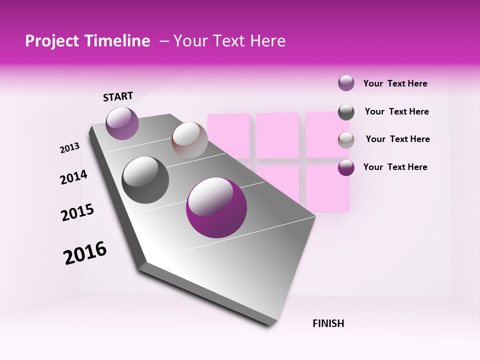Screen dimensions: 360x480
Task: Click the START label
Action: (118, 96)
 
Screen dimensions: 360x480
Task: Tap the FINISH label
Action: (328, 323)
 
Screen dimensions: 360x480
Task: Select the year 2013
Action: (70, 147)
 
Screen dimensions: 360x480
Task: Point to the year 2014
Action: (73, 177)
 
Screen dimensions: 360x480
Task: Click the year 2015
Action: (77, 212)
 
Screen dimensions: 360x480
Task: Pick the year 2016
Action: (85, 253)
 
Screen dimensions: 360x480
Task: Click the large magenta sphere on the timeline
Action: (216, 207)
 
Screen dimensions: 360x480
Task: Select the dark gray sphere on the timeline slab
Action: (145, 180)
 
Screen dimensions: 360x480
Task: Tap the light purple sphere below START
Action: (122, 123)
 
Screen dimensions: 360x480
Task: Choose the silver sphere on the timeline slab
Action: (189, 140)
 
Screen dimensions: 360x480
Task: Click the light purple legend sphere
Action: (346, 83)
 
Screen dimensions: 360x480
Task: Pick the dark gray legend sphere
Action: (346, 112)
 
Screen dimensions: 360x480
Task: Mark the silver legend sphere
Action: (346, 140)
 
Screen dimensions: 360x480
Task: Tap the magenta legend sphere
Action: (346, 167)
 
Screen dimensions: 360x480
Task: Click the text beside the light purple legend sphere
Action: (395, 83)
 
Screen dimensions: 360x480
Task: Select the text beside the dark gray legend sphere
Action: (396, 111)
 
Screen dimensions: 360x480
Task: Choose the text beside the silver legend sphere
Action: (397, 139)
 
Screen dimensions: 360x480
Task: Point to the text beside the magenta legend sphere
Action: (395, 167)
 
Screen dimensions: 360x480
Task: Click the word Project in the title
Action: (52, 41)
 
